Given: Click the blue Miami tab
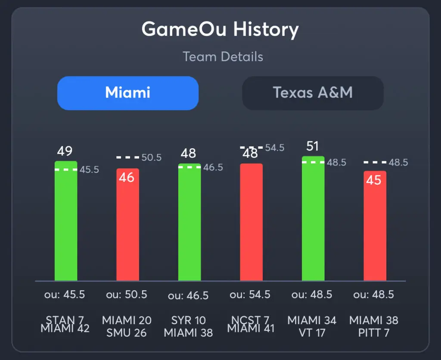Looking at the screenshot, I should (128, 93).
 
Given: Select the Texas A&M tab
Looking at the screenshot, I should (313, 93).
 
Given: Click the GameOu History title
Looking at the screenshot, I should (220, 30).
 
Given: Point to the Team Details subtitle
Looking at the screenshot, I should (223, 56).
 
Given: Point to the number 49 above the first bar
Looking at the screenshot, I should (65, 151).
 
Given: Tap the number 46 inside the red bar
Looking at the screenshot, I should (127, 177).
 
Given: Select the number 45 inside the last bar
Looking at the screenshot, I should (374, 180).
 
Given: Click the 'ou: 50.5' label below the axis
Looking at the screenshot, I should (127, 294).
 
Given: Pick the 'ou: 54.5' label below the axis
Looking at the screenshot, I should (250, 294).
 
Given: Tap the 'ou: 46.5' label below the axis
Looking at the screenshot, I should (188, 295).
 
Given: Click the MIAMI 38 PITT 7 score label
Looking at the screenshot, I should (374, 326).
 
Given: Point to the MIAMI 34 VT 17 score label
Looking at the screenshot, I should (312, 326).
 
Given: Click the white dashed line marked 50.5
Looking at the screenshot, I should (127, 157).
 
